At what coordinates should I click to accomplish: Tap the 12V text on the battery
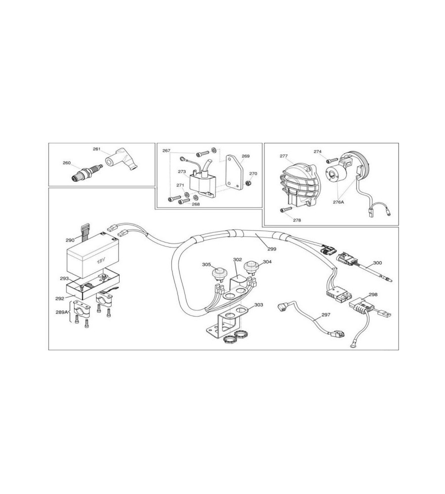coord(101,261)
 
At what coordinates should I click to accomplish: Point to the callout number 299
coord(271,249)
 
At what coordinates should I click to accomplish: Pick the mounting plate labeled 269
coord(234,172)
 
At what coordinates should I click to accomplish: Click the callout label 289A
coord(62,312)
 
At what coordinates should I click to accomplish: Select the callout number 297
coord(326,315)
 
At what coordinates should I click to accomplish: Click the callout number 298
coord(373,294)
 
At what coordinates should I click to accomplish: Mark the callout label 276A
coord(338,202)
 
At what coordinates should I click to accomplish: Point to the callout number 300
coord(377,262)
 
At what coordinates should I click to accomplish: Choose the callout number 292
coord(60,298)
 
